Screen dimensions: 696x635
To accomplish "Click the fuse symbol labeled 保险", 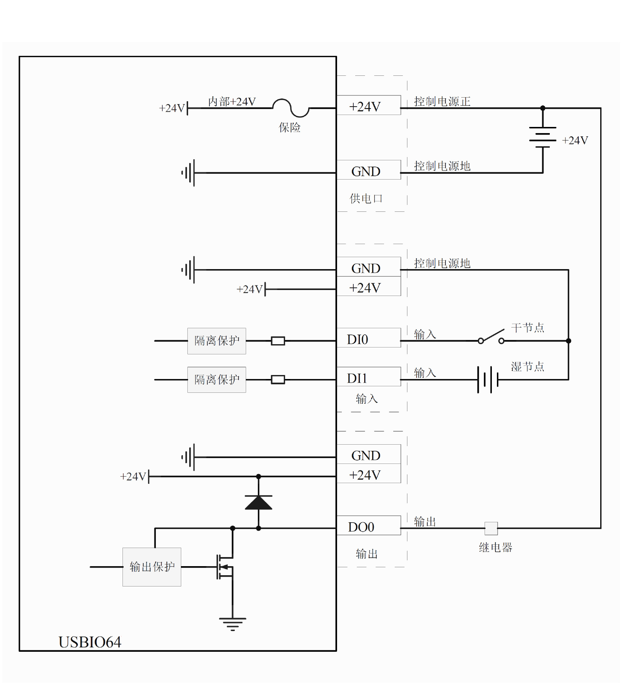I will pyautogui.click(x=291, y=108).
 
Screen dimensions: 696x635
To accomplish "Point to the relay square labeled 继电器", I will pyautogui.click(x=491, y=528).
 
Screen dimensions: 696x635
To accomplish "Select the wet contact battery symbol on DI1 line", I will pyautogui.click(x=487, y=380).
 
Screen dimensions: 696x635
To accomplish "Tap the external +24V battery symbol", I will pyautogui.click(x=543, y=137).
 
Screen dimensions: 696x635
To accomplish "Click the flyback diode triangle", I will pyautogui.click(x=258, y=502).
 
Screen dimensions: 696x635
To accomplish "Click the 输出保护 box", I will pyautogui.click(x=152, y=567).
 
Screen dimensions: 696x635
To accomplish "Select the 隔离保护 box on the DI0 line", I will pyautogui.click(x=217, y=341).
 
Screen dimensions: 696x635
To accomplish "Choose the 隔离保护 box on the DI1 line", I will pyautogui.click(x=217, y=380).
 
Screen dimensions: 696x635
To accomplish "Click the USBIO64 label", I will pyautogui.click(x=90, y=642).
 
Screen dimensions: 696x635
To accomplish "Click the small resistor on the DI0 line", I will pyautogui.click(x=278, y=341).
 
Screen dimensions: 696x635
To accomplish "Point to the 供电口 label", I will pyautogui.click(x=366, y=198).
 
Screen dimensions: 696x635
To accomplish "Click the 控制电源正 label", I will pyautogui.click(x=442, y=102).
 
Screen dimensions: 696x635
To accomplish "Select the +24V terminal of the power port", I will pyautogui.click(x=368, y=106).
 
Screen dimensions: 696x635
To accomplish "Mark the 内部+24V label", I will pyautogui.click(x=232, y=102).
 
